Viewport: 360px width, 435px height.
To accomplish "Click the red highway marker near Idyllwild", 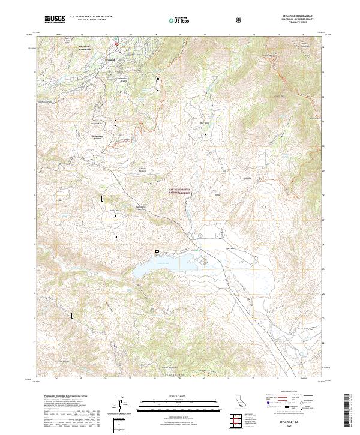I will click(116, 44).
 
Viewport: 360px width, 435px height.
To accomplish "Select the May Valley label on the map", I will click(204, 124).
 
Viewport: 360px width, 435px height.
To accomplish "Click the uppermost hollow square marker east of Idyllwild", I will click(158, 79).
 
